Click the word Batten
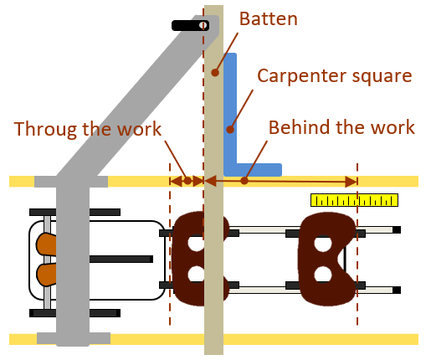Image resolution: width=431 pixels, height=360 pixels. pos(269,19)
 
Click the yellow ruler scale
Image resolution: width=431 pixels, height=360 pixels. pos(354,200)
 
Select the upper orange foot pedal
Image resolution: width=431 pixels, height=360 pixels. pos(46,244)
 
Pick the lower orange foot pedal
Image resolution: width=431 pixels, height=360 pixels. pos(46,275)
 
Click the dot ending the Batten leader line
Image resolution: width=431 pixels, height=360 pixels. pos(215,73)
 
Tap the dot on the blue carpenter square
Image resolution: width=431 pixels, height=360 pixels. pos(230,130)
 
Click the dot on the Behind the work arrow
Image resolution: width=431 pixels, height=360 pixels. pos(244,181)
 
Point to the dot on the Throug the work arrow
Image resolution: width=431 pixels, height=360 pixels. pos(187,181)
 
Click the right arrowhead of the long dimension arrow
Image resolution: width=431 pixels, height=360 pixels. pos(351,182)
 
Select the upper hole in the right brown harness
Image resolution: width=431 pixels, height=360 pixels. pos(323,244)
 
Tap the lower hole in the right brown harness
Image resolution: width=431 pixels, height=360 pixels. pos(323,275)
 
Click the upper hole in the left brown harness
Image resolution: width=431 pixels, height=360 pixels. pos(197,244)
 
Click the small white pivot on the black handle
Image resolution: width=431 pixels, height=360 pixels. pos(203,25)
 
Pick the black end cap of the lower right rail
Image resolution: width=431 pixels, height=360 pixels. pos(397,290)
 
